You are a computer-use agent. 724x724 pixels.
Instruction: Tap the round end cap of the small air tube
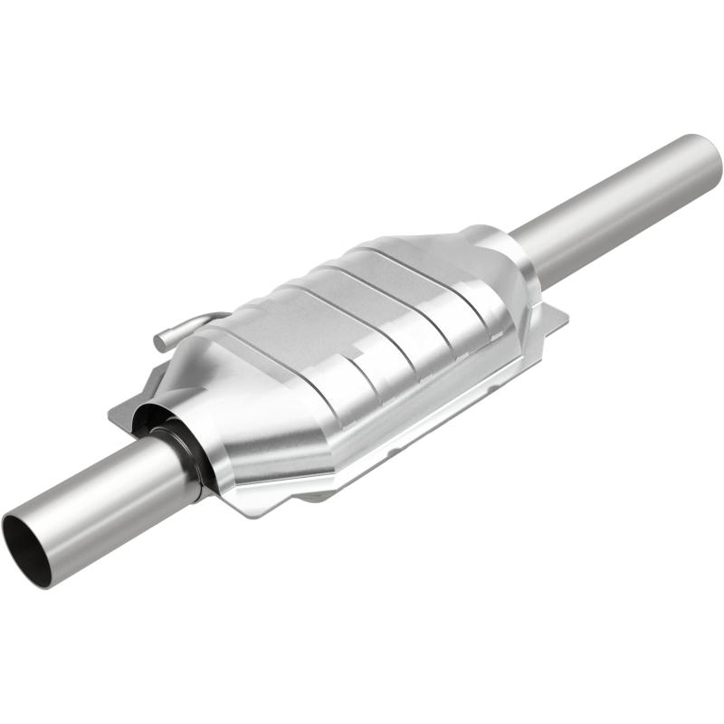pos(161,342)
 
